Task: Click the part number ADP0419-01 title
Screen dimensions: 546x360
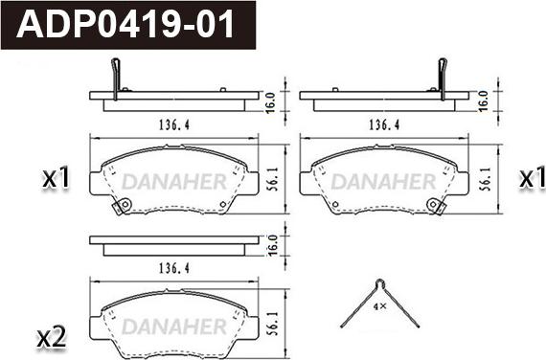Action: point(125,24)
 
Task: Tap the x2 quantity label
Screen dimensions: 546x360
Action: point(52,338)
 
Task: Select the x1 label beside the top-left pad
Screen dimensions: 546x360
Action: point(57,178)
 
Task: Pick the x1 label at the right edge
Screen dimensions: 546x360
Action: point(533,179)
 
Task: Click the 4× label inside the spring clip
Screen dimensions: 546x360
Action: point(379,306)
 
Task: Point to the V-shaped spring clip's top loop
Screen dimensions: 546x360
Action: point(380,283)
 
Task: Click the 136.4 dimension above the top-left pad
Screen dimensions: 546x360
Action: point(174,124)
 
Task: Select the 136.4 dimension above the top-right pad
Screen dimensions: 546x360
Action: point(384,124)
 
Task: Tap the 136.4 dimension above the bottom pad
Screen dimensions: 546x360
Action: point(174,268)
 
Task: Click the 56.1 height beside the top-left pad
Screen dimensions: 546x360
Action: point(273,180)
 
